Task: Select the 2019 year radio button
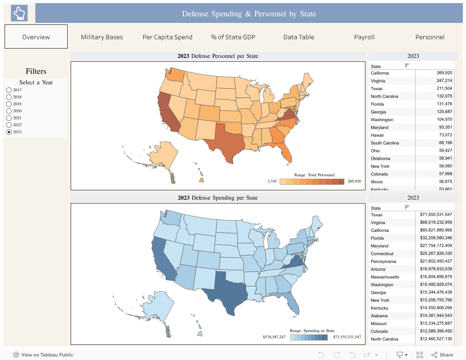click(x=9, y=104)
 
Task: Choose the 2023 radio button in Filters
click(x=9, y=132)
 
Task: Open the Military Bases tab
click(x=102, y=37)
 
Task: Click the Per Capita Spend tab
click(x=167, y=37)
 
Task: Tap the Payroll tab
click(x=364, y=37)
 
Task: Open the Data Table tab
click(x=299, y=37)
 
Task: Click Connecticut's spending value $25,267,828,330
click(x=436, y=254)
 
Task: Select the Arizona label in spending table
click(x=378, y=269)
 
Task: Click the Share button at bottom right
click(x=442, y=355)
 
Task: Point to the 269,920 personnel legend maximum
click(x=354, y=181)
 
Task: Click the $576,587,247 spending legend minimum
click(x=274, y=337)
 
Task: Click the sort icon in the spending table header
click(x=407, y=207)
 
